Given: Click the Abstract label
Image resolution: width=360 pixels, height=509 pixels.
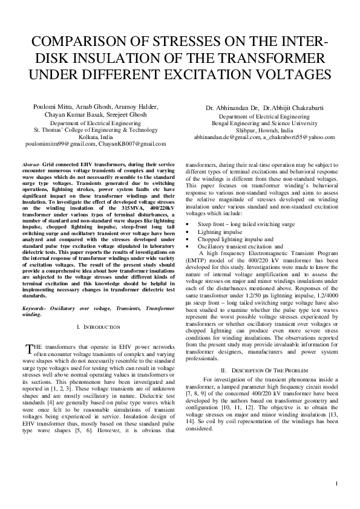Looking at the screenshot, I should pos(30,164).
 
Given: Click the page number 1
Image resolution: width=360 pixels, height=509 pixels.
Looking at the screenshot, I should pos(336,485).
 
